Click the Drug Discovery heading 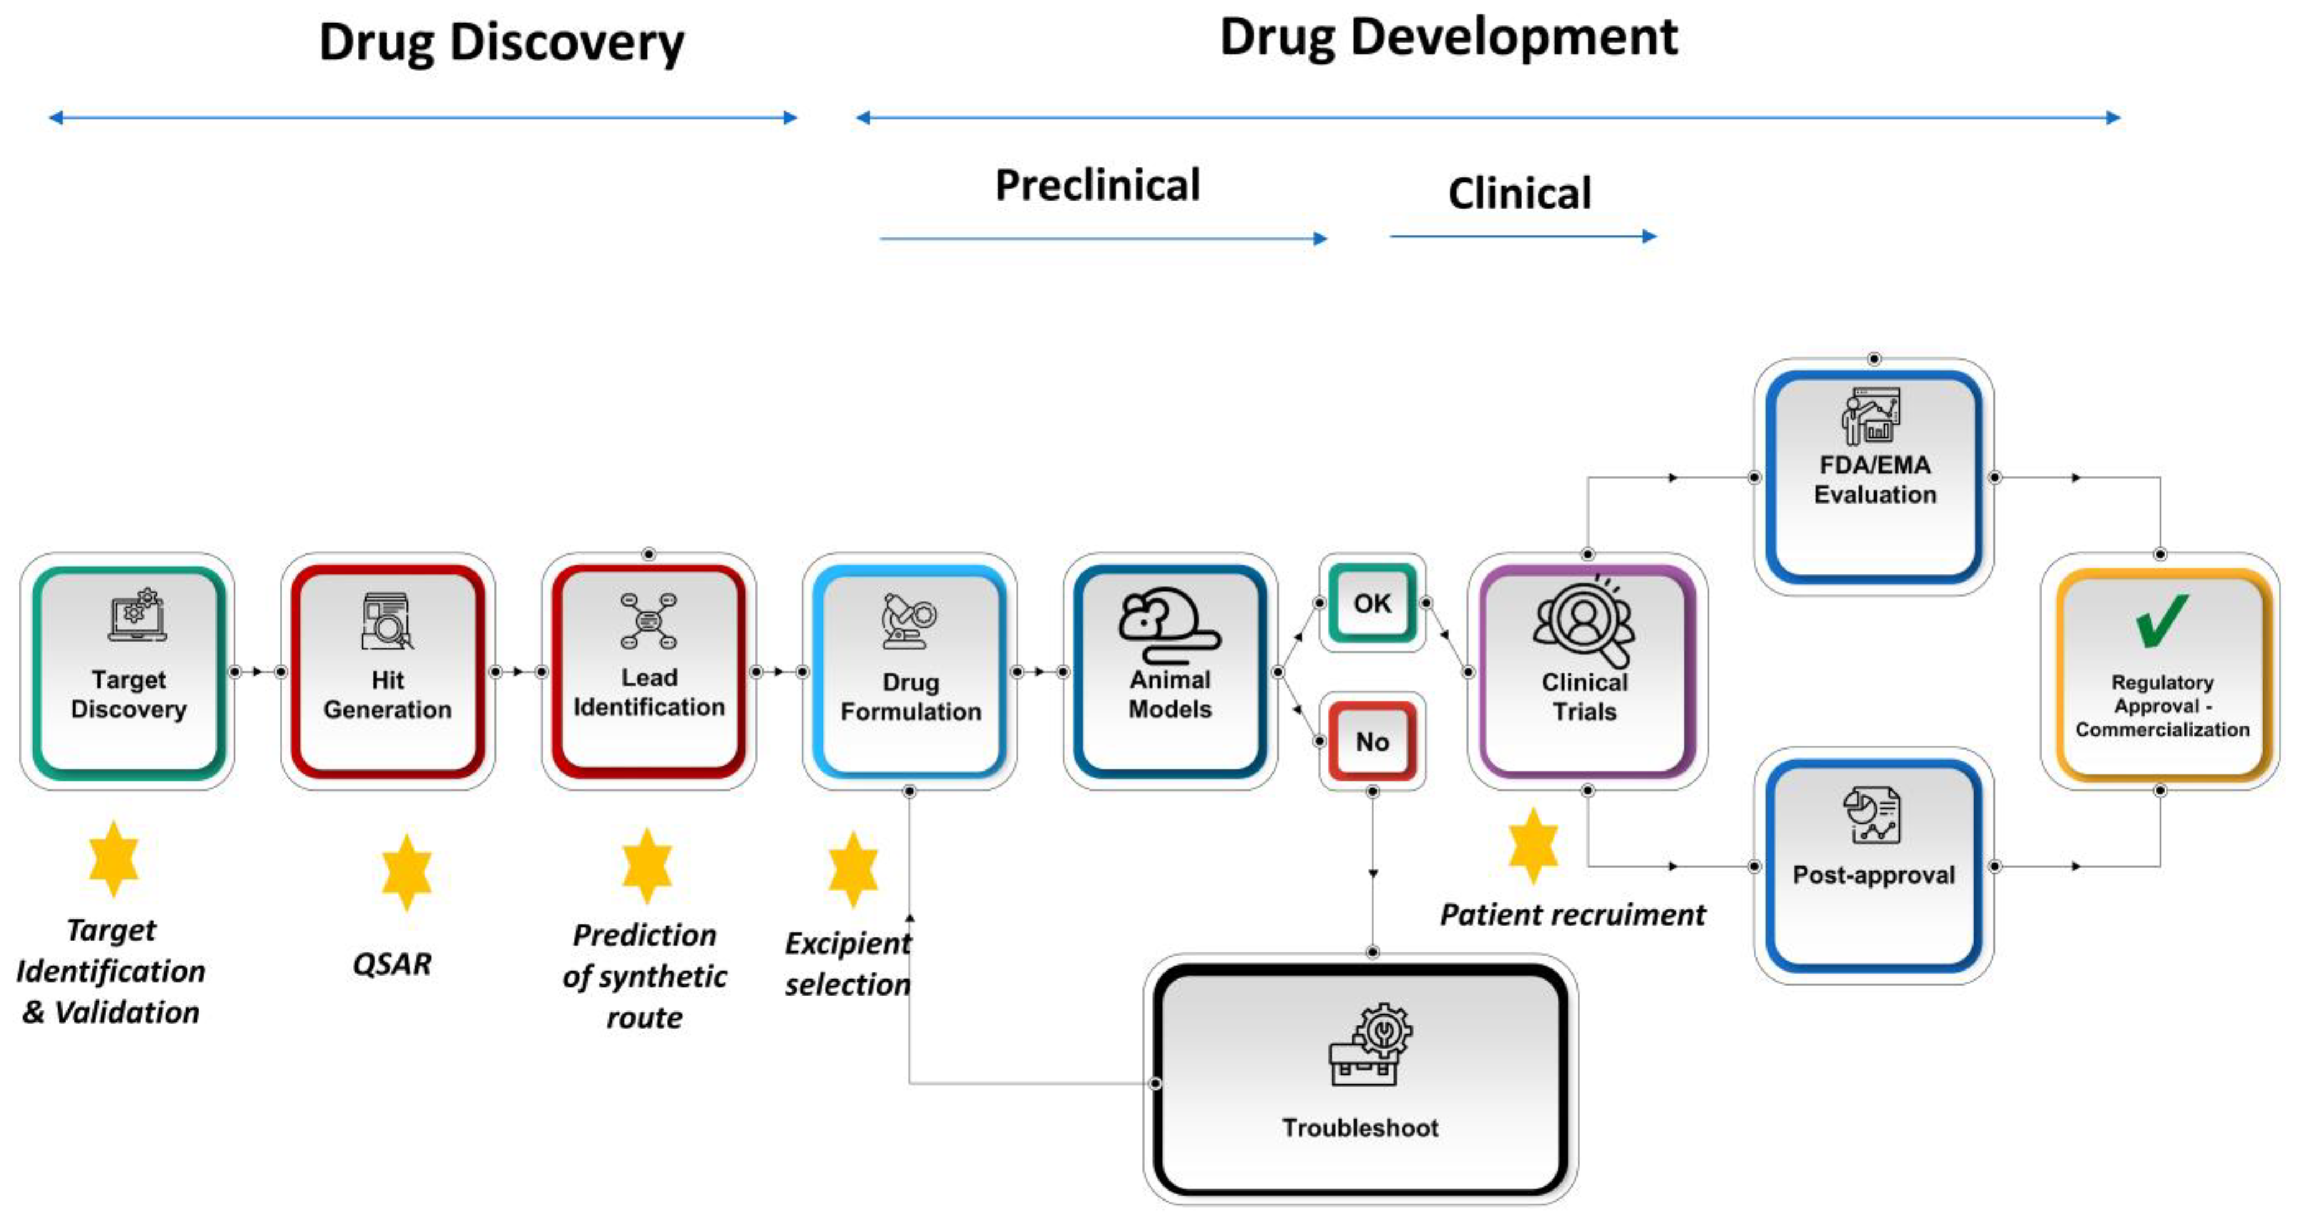point(501,42)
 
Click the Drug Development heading point(1448,38)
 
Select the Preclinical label point(1098,186)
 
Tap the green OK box point(1372,603)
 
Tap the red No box point(1372,742)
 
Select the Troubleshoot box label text point(1359,1127)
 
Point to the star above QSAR point(406,872)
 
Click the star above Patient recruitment point(1533,845)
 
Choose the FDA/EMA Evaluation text point(1874,479)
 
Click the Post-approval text point(1873,875)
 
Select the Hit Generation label point(387,694)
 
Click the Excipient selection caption point(847,964)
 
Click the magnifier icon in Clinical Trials point(1584,622)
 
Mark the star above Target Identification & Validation point(114,859)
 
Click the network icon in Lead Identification point(648,620)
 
